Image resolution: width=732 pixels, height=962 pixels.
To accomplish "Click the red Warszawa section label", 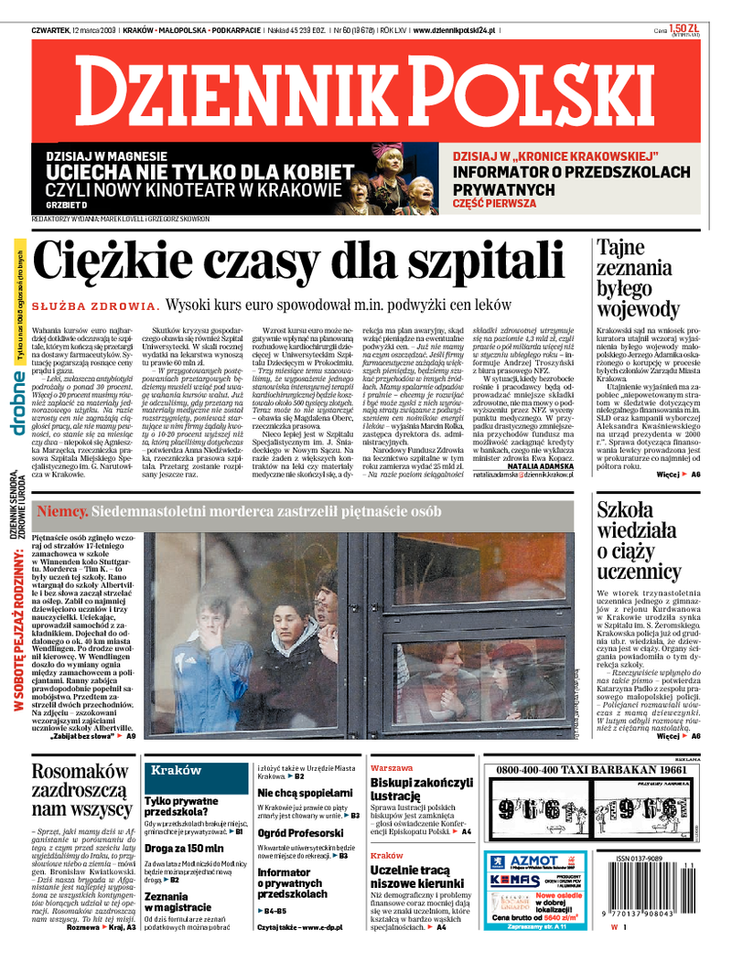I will pos(391,768).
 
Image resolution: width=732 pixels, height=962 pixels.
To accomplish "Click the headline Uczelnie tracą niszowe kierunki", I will pos(410,877).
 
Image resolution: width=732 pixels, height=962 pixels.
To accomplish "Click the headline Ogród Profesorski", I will pos(299,833).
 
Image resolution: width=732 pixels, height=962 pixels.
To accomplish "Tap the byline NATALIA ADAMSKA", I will pos(543,465).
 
